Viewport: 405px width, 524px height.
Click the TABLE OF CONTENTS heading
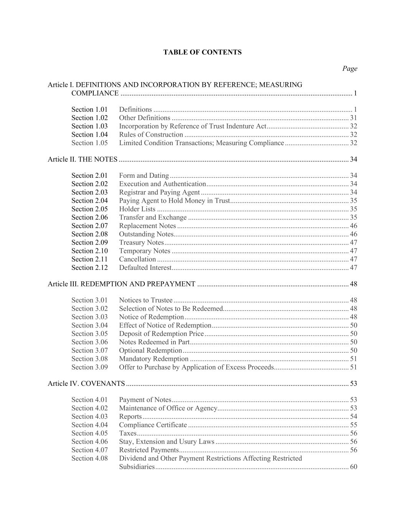point(202,52)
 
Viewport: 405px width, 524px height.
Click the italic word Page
point(350,69)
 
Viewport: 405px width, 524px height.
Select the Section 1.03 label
point(89,126)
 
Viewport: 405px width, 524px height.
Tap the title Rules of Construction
point(151,135)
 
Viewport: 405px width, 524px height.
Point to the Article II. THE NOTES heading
point(83,159)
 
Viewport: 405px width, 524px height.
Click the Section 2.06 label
point(89,218)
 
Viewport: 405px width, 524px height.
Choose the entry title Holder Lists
point(137,209)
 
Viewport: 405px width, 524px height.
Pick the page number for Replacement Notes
point(354,226)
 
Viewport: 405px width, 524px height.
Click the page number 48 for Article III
point(354,284)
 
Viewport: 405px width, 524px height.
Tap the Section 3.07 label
point(89,350)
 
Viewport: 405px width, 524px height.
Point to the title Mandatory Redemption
point(154,359)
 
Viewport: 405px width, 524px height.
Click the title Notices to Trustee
point(145,300)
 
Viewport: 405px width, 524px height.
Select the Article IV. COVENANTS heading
point(86,383)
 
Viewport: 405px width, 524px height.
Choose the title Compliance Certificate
point(153,425)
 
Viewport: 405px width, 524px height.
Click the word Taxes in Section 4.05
point(127,433)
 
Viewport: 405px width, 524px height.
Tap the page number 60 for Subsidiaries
point(354,467)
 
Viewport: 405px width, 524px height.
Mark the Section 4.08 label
point(89,458)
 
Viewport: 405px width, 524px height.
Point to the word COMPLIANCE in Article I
point(95,93)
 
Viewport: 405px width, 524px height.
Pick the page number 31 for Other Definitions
point(354,118)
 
